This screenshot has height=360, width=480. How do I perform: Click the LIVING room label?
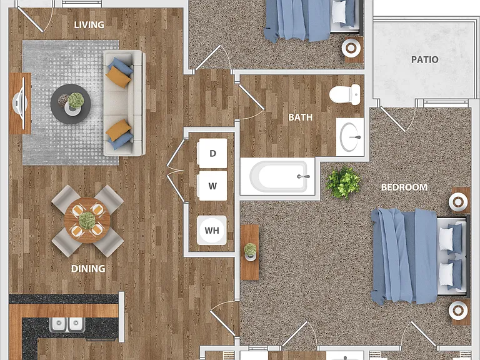coord(89,25)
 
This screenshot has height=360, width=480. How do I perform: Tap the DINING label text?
coord(88,269)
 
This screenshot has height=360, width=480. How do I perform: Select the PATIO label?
coord(424,59)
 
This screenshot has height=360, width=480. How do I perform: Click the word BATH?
coord(300,117)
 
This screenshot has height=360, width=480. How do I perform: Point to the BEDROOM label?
coord(404,187)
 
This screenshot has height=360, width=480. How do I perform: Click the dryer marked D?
coord(212,153)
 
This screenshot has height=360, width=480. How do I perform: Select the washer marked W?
coord(212,186)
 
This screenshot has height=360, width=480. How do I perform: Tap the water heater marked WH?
coord(212,230)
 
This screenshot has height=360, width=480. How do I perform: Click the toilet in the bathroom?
coord(345,94)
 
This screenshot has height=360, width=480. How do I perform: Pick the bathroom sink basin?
coord(350,137)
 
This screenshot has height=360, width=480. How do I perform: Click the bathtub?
coord(278,176)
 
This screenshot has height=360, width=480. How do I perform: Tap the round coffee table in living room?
coord(71,104)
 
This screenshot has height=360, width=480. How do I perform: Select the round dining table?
coord(87,221)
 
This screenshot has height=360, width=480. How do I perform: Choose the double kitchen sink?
coord(67,325)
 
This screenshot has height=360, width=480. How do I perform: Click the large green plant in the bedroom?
coord(342,182)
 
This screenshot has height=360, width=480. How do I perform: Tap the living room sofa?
coord(124,103)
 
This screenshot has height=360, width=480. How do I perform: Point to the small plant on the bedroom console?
coord(250,251)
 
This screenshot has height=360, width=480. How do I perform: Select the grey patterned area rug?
coord(71,103)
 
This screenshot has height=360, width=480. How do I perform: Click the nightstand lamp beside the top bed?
coord(351,48)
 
